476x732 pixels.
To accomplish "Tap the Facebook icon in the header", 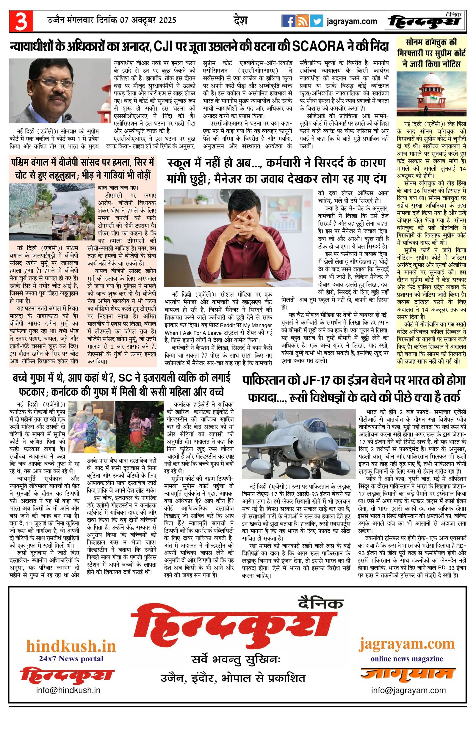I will click(x=288, y=21).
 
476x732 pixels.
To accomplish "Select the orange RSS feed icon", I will click(x=302, y=21).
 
